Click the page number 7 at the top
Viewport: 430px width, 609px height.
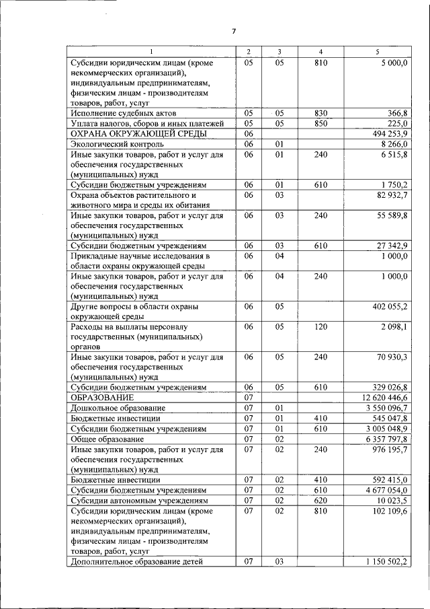pyautogui.click(x=234, y=31)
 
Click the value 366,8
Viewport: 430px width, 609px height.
pyautogui.click(x=396, y=113)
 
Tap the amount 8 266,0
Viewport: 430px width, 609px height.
pyautogui.click(x=393, y=144)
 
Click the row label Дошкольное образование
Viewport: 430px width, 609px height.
pyautogui.click(x=112, y=408)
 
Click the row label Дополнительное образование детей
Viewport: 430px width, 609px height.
pyautogui.click(x=136, y=562)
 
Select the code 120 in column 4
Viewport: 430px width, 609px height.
pyautogui.click(x=320, y=326)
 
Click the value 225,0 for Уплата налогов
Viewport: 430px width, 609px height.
pyautogui.click(x=397, y=124)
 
